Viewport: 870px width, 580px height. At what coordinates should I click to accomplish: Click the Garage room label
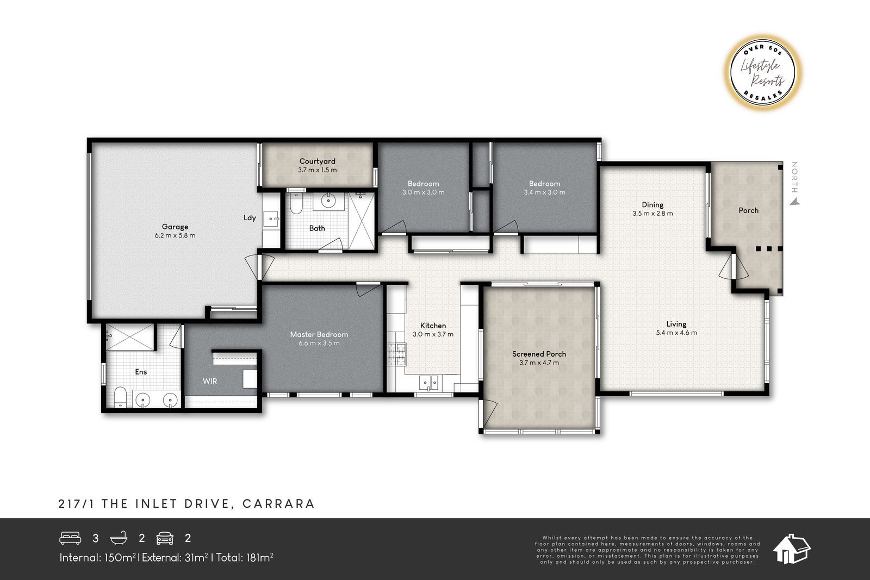click(x=175, y=227)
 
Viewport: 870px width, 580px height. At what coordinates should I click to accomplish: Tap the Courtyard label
click(x=318, y=161)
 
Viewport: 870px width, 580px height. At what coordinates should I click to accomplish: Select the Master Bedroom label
click(x=319, y=334)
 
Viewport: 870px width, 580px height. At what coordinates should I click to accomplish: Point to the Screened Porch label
click(x=539, y=354)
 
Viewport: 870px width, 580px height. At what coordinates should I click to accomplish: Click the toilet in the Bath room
click(x=296, y=204)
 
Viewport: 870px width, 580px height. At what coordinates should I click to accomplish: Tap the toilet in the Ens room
click(x=120, y=397)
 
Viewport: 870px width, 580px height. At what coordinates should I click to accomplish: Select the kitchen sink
click(x=428, y=382)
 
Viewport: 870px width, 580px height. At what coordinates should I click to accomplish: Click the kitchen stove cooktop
click(x=396, y=354)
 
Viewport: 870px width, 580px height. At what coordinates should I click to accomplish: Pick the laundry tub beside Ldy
click(x=271, y=219)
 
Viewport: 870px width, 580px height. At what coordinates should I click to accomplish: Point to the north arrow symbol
click(x=796, y=202)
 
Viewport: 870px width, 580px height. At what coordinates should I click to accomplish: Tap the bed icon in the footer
click(x=70, y=538)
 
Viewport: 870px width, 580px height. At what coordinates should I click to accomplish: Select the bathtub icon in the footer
click(x=119, y=538)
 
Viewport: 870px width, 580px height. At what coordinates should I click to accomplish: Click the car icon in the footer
click(x=165, y=538)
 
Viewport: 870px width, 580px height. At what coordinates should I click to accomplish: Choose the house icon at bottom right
click(x=791, y=548)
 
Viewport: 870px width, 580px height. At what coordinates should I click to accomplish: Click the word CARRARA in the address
click(x=278, y=503)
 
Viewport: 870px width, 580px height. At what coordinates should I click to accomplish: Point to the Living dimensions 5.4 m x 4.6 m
click(x=676, y=333)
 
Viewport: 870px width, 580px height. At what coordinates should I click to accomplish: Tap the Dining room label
click(x=652, y=204)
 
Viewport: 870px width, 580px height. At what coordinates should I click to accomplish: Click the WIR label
click(x=210, y=381)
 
